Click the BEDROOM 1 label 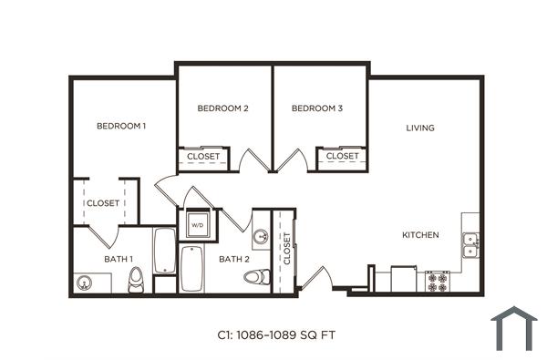(121, 126)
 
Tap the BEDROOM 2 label (222, 108)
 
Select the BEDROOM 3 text (316, 108)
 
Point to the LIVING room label (420, 128)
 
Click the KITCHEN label (420, 235)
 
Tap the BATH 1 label (118, 259)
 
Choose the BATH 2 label (233, 259)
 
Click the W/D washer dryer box (197, 223)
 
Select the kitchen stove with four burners (437, 281)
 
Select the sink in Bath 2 (260, 237)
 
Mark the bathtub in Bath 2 (191, 269)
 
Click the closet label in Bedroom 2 (202, 157)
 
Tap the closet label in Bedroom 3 (342, 157)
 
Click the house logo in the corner (514, 329)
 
